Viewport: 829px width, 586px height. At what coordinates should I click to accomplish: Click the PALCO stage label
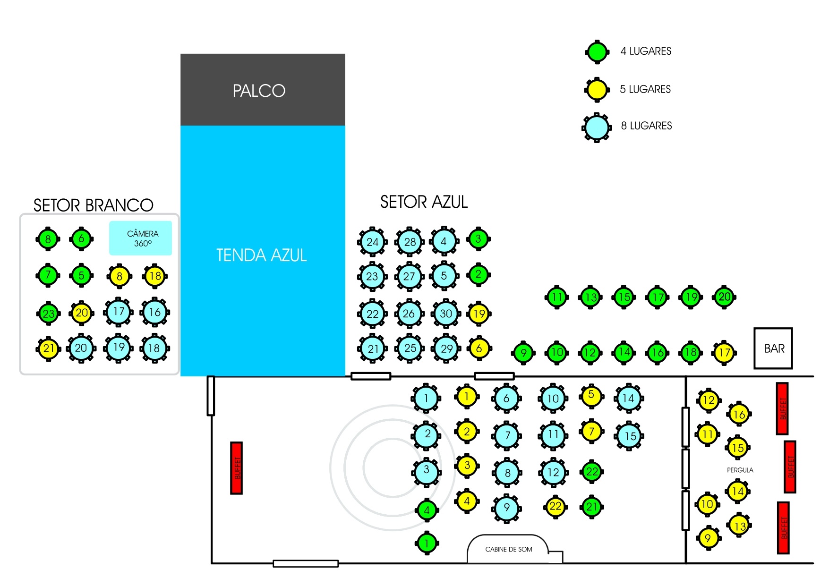[259, 91]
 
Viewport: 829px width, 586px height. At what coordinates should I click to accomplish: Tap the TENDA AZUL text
[262, 255]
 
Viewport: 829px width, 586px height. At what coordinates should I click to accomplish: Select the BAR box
[773, 348]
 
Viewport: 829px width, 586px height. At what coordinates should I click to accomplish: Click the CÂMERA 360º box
[141, 238]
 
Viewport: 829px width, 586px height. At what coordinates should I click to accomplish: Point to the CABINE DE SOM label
[509, 549]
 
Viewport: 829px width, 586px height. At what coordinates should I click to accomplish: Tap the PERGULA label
[740, 470]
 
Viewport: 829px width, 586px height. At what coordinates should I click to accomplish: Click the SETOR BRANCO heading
[94, 205]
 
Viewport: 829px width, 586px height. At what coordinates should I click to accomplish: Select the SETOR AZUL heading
[424, 202]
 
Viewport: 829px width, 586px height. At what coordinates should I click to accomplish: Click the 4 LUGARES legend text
[646, 51]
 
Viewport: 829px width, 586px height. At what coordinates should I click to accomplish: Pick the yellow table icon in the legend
[597, 90]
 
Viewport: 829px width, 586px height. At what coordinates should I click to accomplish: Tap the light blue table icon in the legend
[597, 127]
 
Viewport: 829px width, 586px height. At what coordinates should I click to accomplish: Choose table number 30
[446, 314]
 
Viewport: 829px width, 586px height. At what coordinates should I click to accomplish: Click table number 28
[410, 242]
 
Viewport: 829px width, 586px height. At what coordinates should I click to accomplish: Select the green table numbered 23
[48, 314]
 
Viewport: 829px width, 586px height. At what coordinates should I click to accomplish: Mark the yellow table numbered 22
[556, 507]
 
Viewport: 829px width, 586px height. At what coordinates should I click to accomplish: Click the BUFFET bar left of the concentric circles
[237, 468]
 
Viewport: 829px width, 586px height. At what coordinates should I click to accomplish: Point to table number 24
[372, 242]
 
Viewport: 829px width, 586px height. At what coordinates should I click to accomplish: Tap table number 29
[446, 349]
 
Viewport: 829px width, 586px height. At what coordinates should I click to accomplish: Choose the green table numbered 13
[590, 297]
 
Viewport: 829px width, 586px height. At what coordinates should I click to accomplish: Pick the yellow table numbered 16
[739, 414]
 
